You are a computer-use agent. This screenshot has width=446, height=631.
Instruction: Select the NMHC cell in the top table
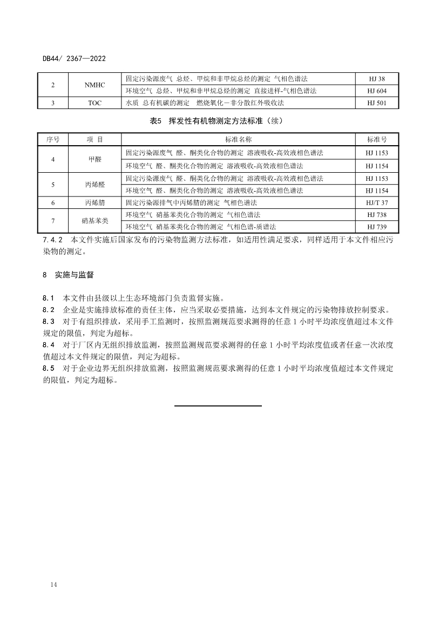pyautogui.click(x=95, y=85)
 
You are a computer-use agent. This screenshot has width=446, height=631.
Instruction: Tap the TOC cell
pyautogui.click(x=95, y=103)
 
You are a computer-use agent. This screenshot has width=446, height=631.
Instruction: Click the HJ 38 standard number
pyautogui.click(x=376, y=79)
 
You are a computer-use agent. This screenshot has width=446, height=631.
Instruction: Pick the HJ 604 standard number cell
pyautogui.click(x=376, y=91)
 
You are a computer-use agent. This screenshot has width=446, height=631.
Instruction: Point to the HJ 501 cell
pyautogui.click(x=376, y=103)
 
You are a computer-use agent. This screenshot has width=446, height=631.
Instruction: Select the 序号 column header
pyautogui.click(x=53, y=139)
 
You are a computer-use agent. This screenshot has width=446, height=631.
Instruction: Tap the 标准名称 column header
pyautogui.click(x=238, y=139)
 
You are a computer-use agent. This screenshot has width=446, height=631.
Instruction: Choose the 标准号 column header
pyautogui.click(x=376, y=139)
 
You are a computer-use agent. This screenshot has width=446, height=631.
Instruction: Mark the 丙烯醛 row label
pyautogui.click(x=95, y=185)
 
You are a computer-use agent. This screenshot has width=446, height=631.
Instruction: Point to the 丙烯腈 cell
pyautogui.click(x=95, y=203)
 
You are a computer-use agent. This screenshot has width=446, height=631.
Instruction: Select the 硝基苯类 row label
pyautogui.click(x=95, y=221)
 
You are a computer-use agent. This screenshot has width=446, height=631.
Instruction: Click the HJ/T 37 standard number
pyautogui.click(x=376, y=203)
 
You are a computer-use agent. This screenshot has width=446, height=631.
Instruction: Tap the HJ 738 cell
pyautogui.click(x=376, y=215)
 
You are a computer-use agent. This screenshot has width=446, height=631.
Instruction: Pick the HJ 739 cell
pyautogui.click(x=376, y=227)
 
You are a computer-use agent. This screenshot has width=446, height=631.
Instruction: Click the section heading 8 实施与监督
pyautogui.click(x=68, y=275)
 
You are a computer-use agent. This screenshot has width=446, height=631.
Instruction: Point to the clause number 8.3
pyautogui.click(x=49, y=321)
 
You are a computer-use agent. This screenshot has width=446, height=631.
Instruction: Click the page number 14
pyautogui.click(x=53, y=585)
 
